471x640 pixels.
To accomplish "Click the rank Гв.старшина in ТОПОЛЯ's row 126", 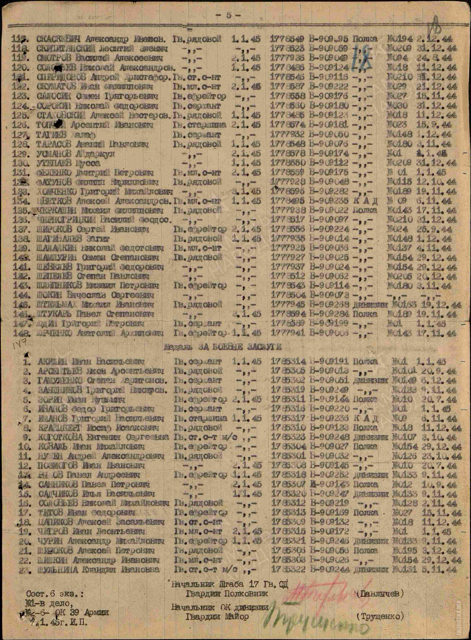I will pos(199,125).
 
